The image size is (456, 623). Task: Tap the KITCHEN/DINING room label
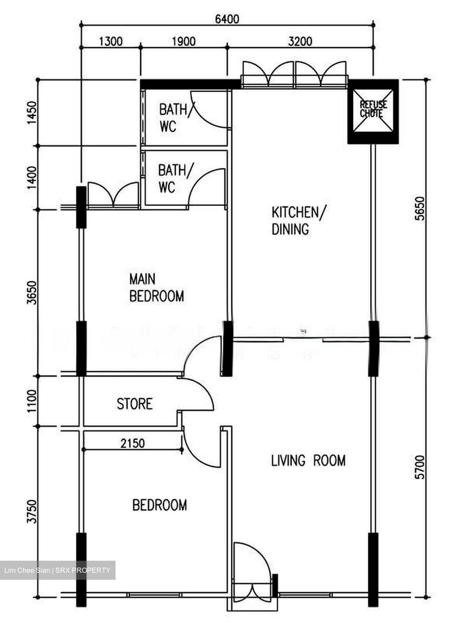click(x=299, y=221)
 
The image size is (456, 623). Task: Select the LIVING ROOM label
click(x=308, y=460)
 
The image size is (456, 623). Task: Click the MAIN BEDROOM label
click(x=156, y=288)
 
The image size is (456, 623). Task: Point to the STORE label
click(x=135, y=404)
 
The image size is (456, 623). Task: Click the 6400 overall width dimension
click(x=227, y=19)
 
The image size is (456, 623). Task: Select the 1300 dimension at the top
click(x=111, y=42)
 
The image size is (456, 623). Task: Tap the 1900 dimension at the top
click(x=183, y=42)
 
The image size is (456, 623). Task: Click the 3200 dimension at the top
click(x=300, y=42)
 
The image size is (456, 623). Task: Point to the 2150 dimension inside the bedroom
click(x=132, y=443)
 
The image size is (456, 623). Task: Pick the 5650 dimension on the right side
click(x=419, y=209)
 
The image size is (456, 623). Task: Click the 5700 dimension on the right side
click(x=419, y=467)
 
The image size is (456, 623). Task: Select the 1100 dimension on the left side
click(x=32, y=401)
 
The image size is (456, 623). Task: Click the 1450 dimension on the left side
click(x=32, y=113)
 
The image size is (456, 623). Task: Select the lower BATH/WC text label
click(x=172, y=179)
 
